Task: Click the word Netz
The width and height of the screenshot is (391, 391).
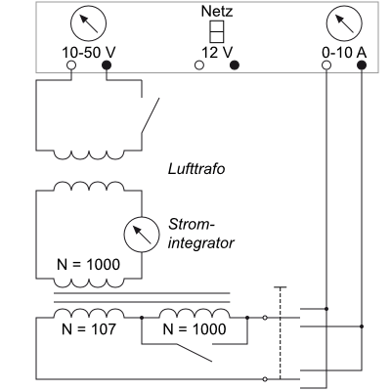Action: [x=217, y=12]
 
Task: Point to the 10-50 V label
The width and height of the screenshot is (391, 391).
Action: [x=89, y=53]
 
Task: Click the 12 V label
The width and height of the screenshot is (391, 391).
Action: [x=217, y=53]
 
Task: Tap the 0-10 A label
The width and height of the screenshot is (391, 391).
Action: [x=344, y=53]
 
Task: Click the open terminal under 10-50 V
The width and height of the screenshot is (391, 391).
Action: [x=71, y=65]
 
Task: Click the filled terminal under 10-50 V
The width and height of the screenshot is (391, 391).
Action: [x=107, y=65]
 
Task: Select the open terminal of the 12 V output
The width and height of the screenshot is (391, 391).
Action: [x=199, y=65]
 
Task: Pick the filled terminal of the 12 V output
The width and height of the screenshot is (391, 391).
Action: [x=235, y=65]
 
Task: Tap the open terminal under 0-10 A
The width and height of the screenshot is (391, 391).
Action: [x=326, y=65]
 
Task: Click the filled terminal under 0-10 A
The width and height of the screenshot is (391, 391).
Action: [x=362, y=65]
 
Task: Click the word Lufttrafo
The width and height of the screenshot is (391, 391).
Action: [x=196, y=169]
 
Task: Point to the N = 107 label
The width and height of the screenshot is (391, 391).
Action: [x=89, y=329]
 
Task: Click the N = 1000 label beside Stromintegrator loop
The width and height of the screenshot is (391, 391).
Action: [x=88, y=264]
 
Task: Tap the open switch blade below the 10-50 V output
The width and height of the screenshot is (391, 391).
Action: [x=151, y=115]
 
